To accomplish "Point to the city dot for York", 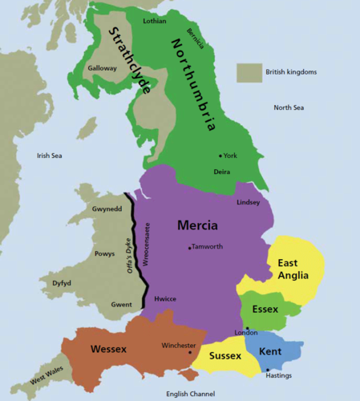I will click(x=220, y=156).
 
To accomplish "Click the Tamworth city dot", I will click(x=189, y=248).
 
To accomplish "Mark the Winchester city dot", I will click(x=190, y=351).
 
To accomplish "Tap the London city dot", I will click(x=248, y=329).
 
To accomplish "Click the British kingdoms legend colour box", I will click(x=249, y=72).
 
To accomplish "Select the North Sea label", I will click(x=289, y=107).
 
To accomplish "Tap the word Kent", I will click(x=270, y=350).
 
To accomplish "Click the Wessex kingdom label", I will click(x=109, y=349).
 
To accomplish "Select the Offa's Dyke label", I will click(x=131, y=257).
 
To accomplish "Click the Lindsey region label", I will click(x=249, y=202).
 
